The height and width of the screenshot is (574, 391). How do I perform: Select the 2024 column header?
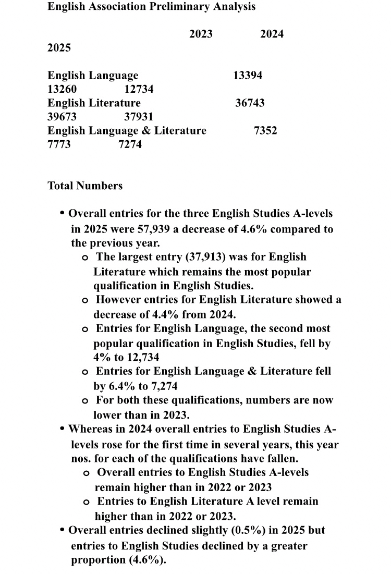coord(272,34)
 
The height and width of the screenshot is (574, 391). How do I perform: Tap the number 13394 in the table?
coord(248,76)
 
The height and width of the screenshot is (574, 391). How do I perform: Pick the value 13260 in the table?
coord(62,89)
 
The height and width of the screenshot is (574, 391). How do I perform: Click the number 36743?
coord(250,103)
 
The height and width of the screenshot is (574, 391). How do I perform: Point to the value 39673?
coord(62,116)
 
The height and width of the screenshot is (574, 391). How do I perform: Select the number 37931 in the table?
coord(139,116)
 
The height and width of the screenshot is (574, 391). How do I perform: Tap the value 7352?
coord(265,130)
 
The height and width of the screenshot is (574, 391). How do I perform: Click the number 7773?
coord(59,144)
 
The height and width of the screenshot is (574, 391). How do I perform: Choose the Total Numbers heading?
coord(85,186)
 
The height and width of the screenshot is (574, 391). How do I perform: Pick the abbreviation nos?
coord(81,460)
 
